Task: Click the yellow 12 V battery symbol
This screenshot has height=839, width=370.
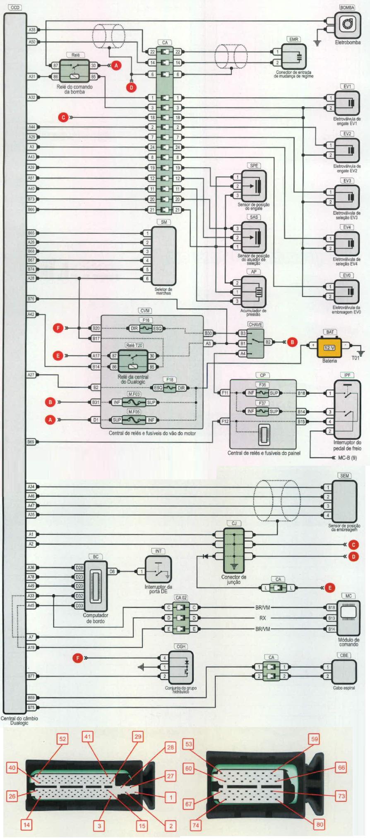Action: (x=329, y=348)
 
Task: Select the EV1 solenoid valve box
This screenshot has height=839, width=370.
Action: (x=347, y=103)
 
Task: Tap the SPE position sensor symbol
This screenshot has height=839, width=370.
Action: (x=254, y=186)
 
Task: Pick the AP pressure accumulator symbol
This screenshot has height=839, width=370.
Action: (x=253, y=292)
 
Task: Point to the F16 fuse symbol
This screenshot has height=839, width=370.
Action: (x=146, y=328)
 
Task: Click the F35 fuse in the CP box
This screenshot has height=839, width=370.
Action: (x=262, y=393)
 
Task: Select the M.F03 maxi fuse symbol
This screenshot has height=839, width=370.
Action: (x=134, y=402)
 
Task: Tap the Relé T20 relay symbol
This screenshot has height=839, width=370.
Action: (x=133, y=361)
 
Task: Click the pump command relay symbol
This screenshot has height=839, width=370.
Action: (x=74, y=71)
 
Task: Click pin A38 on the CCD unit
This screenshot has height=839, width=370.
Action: (x=32, y=30)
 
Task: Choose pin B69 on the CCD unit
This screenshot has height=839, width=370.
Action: (x=31, y=442)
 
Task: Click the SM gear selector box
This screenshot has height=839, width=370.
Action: (x=164, y=256)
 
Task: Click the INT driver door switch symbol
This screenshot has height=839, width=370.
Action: (x=158, y=569)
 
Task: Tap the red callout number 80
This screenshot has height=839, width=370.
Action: (x=320, y=824)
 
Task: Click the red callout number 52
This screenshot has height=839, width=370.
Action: (x=62, y=739)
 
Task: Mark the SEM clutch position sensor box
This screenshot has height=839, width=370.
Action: (x=344, y=501)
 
